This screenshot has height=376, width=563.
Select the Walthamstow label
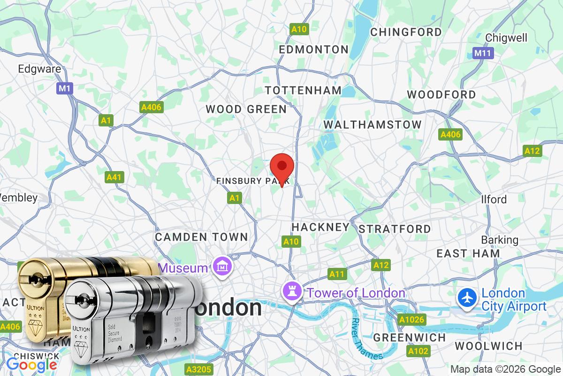click(x=373, y=125)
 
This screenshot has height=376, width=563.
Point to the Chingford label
click(x=406, y=32)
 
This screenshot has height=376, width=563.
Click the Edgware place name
click(x=39, y=69)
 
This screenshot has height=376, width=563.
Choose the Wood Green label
click(x=246, y=110)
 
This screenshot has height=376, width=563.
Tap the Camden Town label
click(x=201, y=237)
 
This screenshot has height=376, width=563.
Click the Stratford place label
click(x=395, y=229)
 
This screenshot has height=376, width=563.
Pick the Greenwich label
click(x=409, y=337)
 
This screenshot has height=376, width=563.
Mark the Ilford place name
click(x=494, y=199)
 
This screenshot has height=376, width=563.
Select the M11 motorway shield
click(x=482, y=53)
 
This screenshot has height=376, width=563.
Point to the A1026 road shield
click(x=411, y=320)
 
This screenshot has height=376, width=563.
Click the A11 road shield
click(x=337, y=274)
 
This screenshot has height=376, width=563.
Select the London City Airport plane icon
click(x=467, y=298)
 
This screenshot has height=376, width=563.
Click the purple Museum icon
click(x=221, y=267)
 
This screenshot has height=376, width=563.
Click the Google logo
click(x=31, y=364)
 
